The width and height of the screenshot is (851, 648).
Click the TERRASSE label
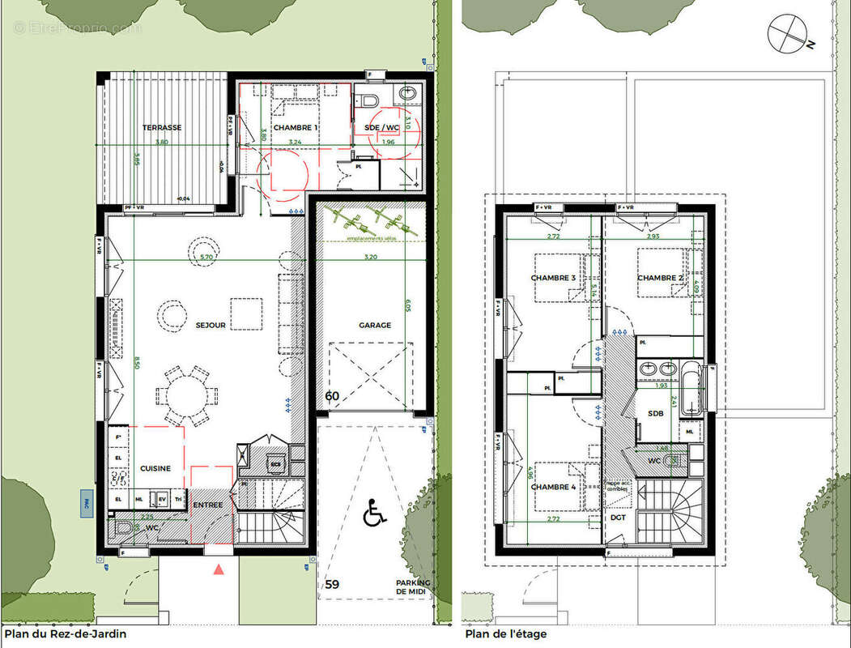162,128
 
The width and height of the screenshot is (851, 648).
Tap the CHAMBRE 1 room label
295,128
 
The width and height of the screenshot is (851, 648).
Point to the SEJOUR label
211,325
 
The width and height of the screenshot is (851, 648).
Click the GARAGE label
375,325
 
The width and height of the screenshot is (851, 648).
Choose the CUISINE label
155,468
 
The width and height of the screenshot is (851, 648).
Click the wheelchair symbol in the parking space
374,513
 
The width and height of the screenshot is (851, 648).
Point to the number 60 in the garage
332,396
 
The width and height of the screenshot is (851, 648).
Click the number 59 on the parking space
332,583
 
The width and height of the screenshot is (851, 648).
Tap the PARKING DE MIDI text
413,588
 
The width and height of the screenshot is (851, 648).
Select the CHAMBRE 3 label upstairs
553,278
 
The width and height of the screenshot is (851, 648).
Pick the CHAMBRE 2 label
661,278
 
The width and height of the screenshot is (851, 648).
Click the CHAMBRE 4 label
553,487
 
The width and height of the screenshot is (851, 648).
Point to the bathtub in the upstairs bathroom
692,390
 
